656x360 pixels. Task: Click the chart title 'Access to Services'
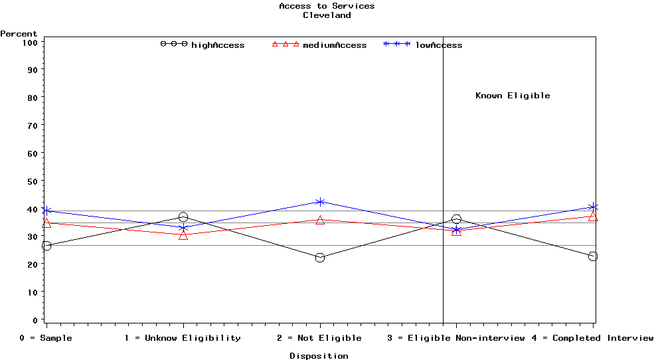(327, 6)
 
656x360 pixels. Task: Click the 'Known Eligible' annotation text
(513, 96)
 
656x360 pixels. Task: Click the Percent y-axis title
(19, 34)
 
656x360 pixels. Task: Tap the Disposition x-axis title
(319, 356)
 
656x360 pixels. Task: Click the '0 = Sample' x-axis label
(46, 338)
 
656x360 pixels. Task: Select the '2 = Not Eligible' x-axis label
(319, 338)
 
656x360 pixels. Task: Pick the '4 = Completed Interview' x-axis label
(592, 338)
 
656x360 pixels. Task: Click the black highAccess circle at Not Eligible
(320, 258)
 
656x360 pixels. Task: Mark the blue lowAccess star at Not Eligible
(320, 202)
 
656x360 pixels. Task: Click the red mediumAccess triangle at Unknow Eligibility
(183, 235)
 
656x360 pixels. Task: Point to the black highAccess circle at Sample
(46, 246)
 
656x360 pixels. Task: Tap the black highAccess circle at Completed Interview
(593, 256)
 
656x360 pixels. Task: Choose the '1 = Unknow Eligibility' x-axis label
(183, 338)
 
